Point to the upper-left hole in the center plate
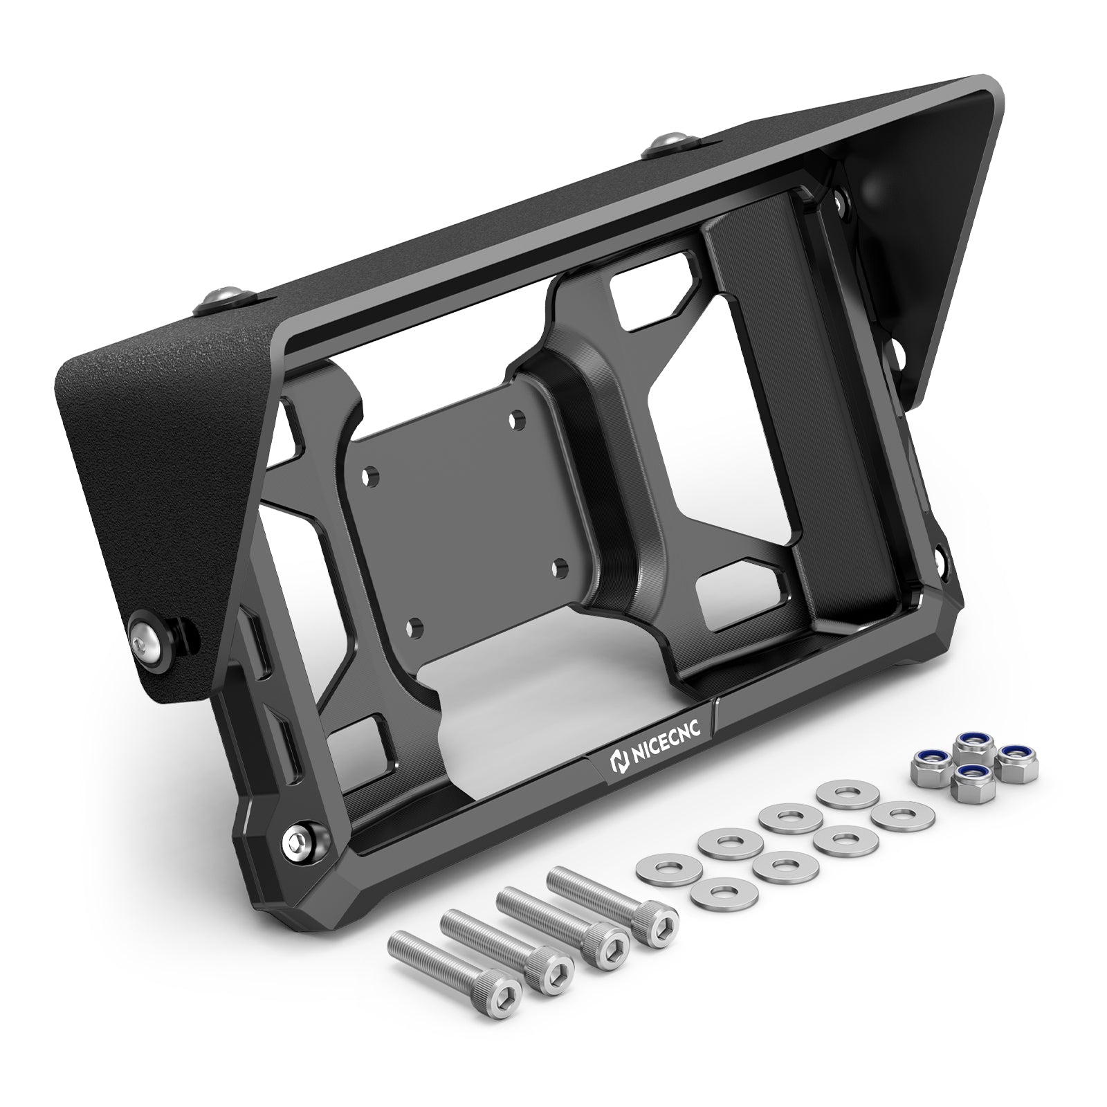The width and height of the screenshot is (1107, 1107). (372, 477)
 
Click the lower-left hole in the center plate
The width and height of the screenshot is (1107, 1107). (415, 627)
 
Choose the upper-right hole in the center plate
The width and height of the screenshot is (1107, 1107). (515, 420)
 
